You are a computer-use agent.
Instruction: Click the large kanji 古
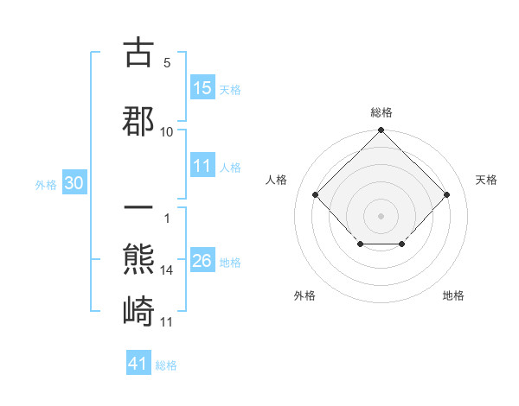[x=138, y=54]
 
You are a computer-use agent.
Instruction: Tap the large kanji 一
[x=138, y=210]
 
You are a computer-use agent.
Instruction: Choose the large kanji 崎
[x=138, y=309]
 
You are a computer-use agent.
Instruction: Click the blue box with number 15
[x=202, y=88]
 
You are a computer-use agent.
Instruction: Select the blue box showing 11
[x=202, y=166]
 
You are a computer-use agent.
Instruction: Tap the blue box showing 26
[x=202, y=262]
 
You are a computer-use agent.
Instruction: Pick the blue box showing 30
[x=73, y=184]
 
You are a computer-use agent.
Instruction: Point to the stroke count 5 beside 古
[x=166, y=63]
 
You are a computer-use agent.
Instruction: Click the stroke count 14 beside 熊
[x=167, y=270]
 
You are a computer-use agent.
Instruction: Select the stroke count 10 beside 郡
[x=167, y=131]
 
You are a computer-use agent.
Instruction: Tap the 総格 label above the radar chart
[x=381, y=112]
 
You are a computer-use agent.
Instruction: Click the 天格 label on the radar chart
[x=486, y=180]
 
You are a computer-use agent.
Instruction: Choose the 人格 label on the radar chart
[x=277, y=180]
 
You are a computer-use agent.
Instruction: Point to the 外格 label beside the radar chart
[x=304, y=295]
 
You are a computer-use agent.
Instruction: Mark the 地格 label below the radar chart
[x=453, y=295]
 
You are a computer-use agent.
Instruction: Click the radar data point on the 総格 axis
[x=381, y=130]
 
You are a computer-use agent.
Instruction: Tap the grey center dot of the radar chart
[x=381, y=215]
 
